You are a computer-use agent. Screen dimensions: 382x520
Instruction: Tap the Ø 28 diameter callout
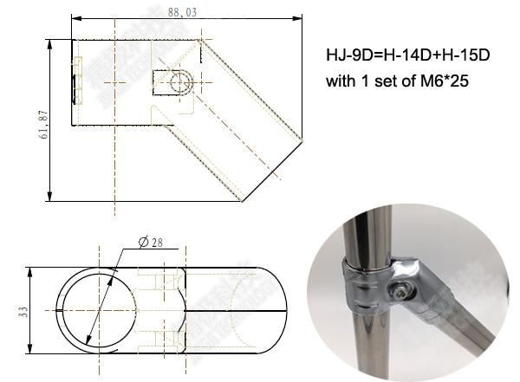pyautogui.click(x=151, y=243)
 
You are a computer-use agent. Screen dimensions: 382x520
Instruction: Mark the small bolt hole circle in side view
pyautogui.click(x=179, y=83)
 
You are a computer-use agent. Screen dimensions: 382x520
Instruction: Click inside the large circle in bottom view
pyautogui.click(x=97, y=310)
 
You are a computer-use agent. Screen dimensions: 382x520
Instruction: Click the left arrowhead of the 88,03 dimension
pyautogui.click(x=74, y=18)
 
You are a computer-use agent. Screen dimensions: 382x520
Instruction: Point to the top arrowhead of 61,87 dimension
pyautogui.click(x=50, y=40)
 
